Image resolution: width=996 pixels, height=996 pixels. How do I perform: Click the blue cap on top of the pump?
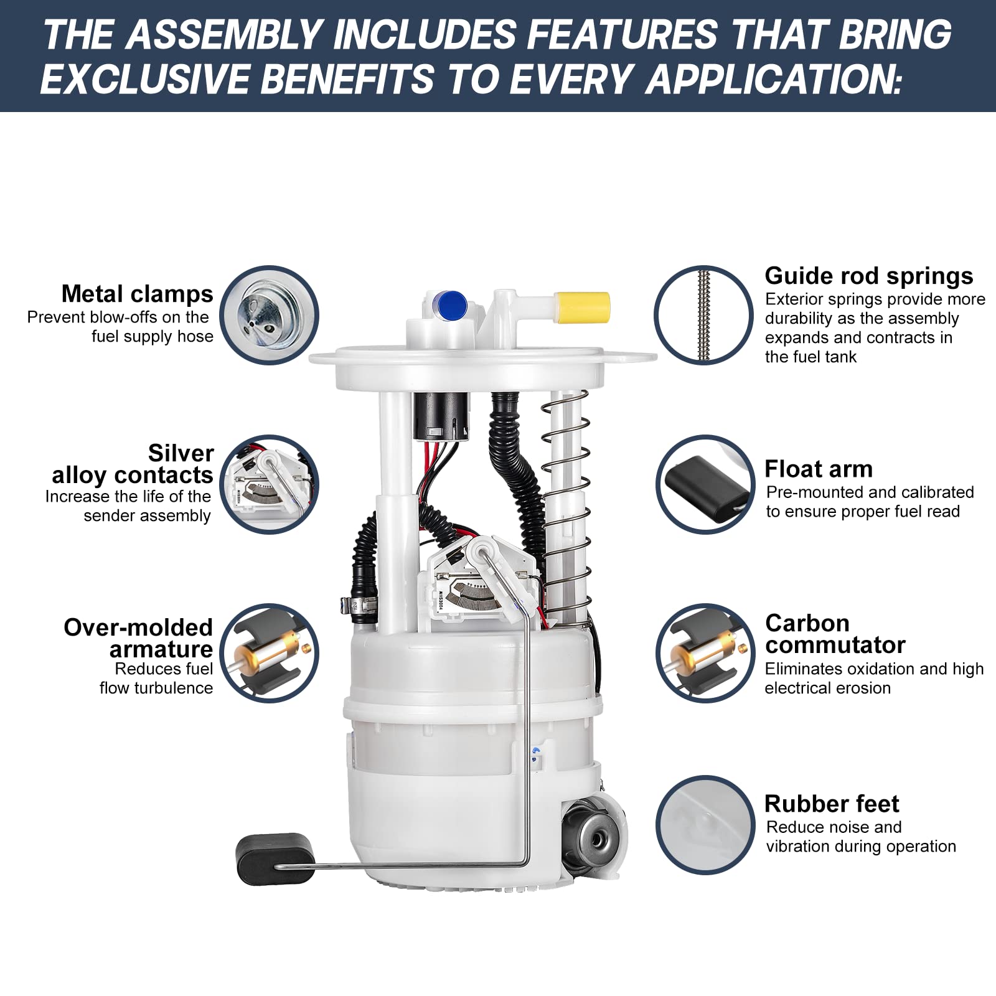point(453,304)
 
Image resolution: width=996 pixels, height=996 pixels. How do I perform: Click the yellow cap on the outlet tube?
point(582,308)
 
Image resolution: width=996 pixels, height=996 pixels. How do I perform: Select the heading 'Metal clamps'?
point(137,293)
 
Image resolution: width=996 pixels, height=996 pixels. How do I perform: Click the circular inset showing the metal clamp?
point(269,315)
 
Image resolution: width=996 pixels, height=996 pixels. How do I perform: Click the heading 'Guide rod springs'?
point(868,275)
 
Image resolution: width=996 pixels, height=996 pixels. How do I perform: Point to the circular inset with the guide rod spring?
point(703,315)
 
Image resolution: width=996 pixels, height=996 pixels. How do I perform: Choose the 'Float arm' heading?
point(818,468)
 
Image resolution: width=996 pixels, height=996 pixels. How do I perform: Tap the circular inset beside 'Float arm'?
point(705,484)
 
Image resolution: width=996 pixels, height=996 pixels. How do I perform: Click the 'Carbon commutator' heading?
point(834,634)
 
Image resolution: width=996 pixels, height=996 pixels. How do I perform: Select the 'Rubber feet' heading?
point(831,804)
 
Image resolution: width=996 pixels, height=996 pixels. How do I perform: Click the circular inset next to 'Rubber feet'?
point(705,824)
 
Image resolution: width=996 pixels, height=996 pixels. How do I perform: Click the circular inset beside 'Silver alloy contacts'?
point(269,484)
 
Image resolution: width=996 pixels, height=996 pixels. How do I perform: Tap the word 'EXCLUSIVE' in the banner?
point(143,80)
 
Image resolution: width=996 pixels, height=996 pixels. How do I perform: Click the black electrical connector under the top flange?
point(438,417)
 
